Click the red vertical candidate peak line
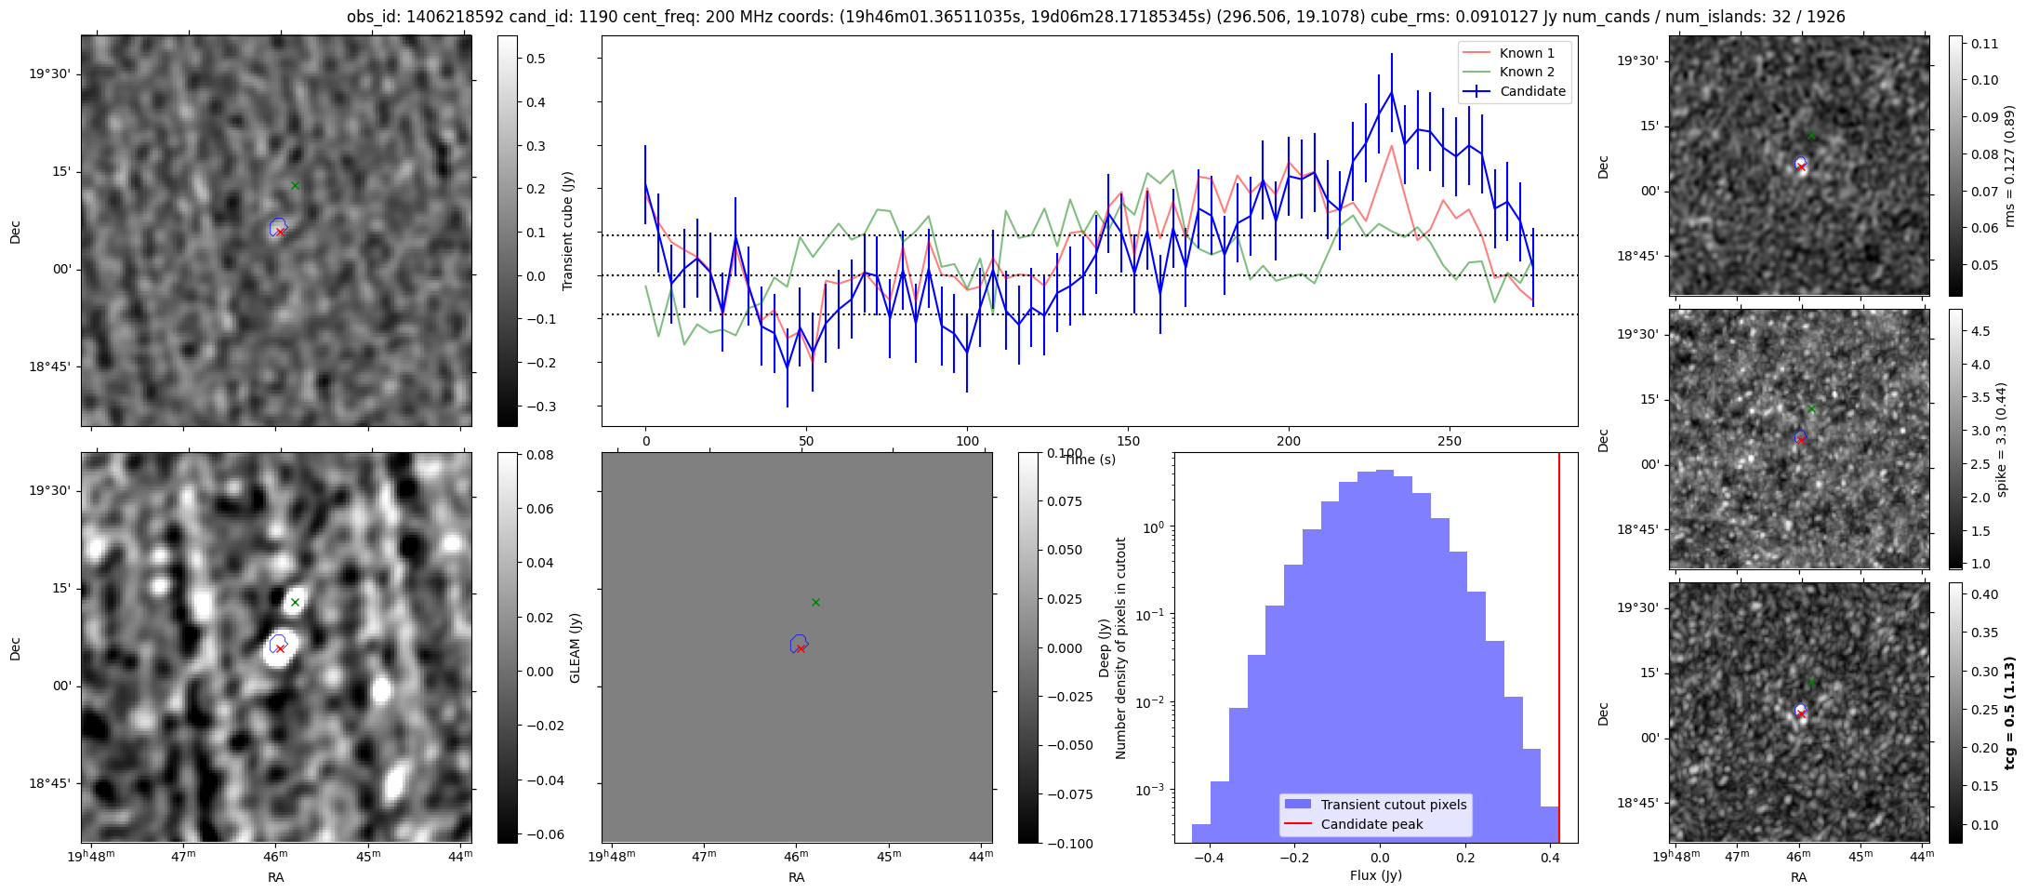(x=1559, y=647)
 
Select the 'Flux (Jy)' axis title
(x=1375, y=875)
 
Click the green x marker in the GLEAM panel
(x=295, y=602)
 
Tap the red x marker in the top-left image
(x=280, y=232)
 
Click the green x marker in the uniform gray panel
(x=815, y=602)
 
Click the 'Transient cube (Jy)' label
(x=568, y=231)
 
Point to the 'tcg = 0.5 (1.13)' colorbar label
(x=2009, y=713)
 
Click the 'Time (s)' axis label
(x=1090, y=460)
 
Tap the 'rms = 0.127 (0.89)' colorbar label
(x=2008, y=166)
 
